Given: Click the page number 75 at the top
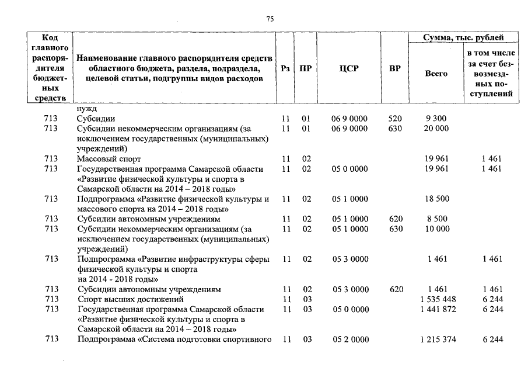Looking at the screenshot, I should [x=270, y=19].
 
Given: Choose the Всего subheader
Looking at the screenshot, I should [x=436, y=74].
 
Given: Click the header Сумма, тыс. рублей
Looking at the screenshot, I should [x=463, y=38].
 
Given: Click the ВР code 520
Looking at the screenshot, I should [x=394, y=119].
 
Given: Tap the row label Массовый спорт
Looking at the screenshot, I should [x=109, y=159].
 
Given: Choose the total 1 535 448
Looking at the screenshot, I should [x=438, y=299].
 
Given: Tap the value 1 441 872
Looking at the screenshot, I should [x=438, y=309].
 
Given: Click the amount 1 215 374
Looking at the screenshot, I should [x=438, y=340].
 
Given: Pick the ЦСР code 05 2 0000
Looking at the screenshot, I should [x=349, y=340].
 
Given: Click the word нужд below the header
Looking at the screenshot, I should [x=86, y=109].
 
